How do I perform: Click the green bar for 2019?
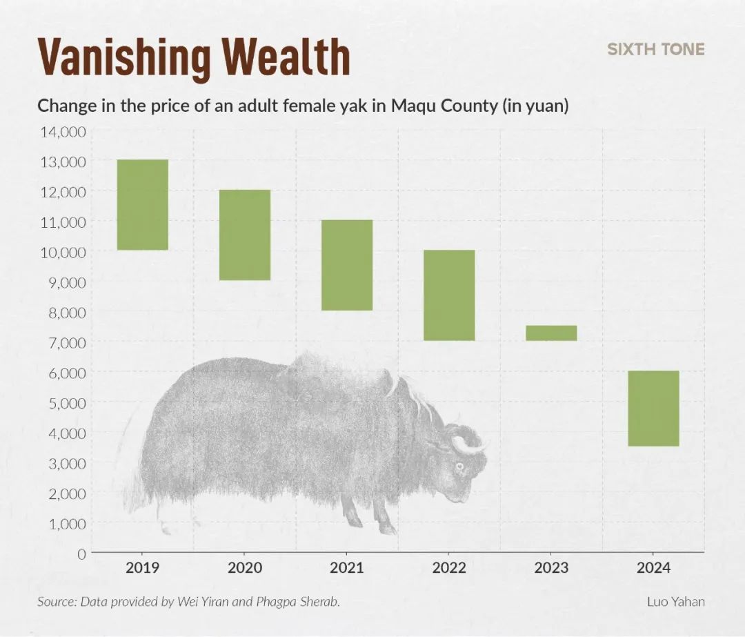(143, 204)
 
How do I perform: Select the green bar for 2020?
(245, 235)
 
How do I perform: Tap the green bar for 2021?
(347, 265)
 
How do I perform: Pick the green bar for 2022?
(449, 295)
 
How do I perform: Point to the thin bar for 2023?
(551, 333)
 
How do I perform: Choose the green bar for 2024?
(653, 408)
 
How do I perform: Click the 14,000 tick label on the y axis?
(63, 131)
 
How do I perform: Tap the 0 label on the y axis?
(81, 553)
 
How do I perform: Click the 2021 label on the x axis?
(347, 568)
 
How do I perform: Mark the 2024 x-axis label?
(653, 568)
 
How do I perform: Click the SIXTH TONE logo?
(655, 49)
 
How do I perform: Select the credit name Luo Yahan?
(675, 601)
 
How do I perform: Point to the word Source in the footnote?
(57, 601)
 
